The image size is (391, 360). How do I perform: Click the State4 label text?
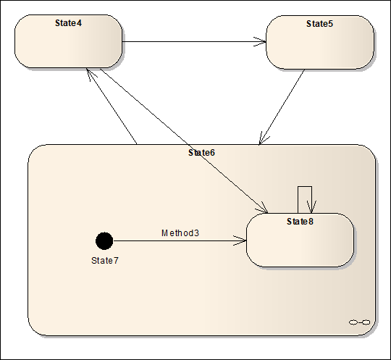(x=68, y=23)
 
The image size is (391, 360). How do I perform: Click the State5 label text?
(x=320, y=24)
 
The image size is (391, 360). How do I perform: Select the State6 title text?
(x=201, y=153)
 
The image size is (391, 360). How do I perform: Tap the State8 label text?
(x=300, y=222)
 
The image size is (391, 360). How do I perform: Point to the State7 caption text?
(x=105, y=261)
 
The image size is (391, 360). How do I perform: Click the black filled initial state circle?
(x=104, y=241)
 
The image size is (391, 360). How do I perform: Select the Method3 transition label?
(x=180, y=233)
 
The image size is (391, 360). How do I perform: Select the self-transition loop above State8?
(x=305, y=187)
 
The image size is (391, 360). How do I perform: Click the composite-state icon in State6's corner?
(x=359, y=322)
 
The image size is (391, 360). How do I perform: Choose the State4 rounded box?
(x=68, y=41)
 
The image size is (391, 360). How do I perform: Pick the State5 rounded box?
(x=320, y=43)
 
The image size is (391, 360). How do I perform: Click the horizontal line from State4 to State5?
(x=194, y=42)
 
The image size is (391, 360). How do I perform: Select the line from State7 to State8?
(x=180, y=240)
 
